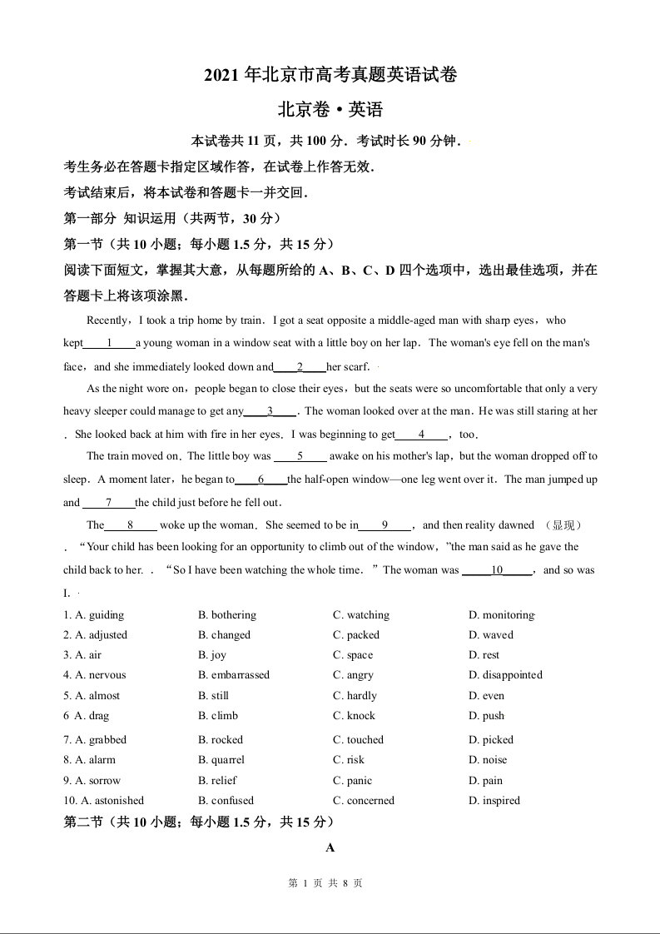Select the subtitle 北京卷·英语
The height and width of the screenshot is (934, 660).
click(x=330, y=110)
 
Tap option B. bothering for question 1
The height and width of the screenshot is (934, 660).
click(x=227, y=615)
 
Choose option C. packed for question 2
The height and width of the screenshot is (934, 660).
click(x=356, y=635)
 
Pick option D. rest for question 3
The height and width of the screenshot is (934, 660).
click(x=484, y=655)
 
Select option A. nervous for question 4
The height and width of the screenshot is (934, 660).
click(x=94, y=675)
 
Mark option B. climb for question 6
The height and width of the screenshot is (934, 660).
click(x=218, y=716)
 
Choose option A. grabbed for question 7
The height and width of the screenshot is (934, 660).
click(x=95, y=740)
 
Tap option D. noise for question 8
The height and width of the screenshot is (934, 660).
click(x=488, y=760)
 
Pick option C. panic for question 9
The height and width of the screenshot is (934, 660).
click(x=353, y=781)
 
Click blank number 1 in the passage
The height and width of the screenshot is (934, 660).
click(x=109, y=343)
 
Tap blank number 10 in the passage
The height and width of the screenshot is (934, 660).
click(x=497, y=570)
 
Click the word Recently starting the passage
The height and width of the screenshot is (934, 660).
click(x=107, y=320)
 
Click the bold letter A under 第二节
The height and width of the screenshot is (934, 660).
click(x=330, y=848)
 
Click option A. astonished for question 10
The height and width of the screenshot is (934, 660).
click(x=104, y=801)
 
